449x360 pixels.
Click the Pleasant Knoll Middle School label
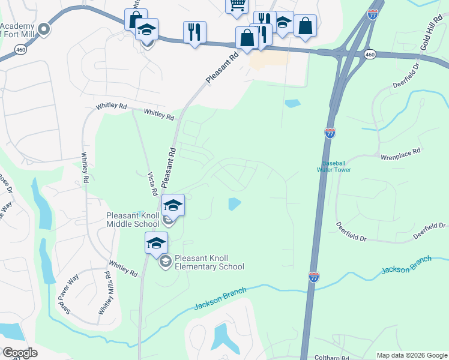point(133,220)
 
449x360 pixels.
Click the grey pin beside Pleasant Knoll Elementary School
point(164,262)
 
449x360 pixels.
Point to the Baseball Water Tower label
point(336,166)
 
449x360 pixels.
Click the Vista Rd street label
point(152,182)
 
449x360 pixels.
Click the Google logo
point(19,353)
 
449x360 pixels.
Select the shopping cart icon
point(237,5)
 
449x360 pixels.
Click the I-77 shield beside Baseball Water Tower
point(330,133)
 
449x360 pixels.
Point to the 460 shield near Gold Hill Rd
point(370,55)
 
